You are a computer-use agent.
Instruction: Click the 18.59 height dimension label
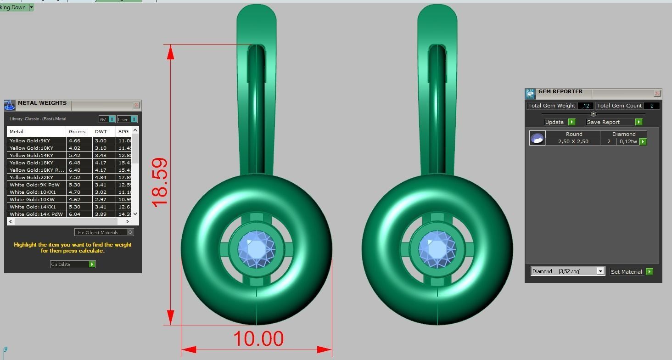pyautogui.click(x=159, y=183)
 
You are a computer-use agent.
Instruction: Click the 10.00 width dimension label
pyautogui.click(x=258, y=339)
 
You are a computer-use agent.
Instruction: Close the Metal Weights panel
pyautogui.click(x=136, y=105)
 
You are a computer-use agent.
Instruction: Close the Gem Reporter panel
pyautogui.click(x=657, y=94)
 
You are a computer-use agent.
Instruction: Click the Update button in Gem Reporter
pyautogui.click(x=559, y=122)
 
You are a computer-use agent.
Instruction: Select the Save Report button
pyautogui.click(x=614, y=122)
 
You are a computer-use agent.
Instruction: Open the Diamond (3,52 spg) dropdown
pyautogui.click(x=600, y=271)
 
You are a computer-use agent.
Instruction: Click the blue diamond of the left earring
pyautogui.click(x=256, y=249)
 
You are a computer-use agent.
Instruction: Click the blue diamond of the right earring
pyautogui.click(x=437, y=249)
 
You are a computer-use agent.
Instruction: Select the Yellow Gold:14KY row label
pyautogui.click(x=31, y=155)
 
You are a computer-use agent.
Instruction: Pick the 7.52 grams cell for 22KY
pyautogui.click(x=74, y=177)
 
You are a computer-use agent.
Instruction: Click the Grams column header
pyautogui.click(x=77, y=131)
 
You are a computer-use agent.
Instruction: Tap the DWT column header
pyautogui.click(x=101, y=131)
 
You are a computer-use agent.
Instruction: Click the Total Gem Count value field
pyautogui.click(x=651, y=106)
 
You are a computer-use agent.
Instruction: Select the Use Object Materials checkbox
pyautogui.click(x=130, y=232)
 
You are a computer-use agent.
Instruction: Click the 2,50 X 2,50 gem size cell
pyautogui.click(x=573, y=141)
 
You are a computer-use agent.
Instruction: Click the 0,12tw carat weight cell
pyautogui.click(x=627, y=141)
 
